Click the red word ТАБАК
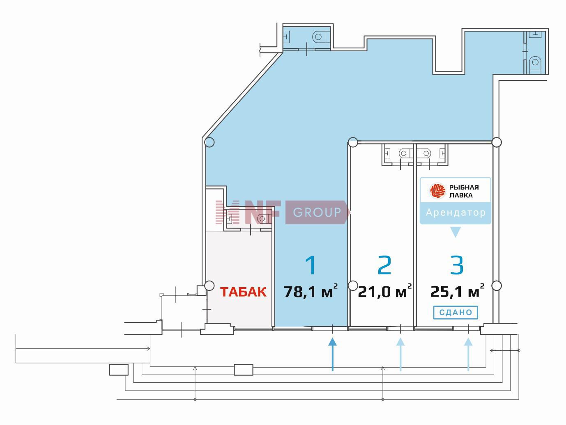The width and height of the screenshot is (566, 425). click(x=243, y=292)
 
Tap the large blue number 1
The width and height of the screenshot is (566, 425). click(x=311, y=265)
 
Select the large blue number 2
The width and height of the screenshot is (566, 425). click(x=384, y=265)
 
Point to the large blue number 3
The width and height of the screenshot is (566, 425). click(x=457, y=265)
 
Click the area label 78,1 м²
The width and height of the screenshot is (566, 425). click(x=311, y=291)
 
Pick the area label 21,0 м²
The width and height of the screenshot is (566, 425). click(x=385, y=291)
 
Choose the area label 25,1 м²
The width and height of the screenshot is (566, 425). click(x=457, y=291)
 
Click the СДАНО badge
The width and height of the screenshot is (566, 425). click(x=456, y=313)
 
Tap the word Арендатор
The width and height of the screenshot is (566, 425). click(x=456, y=212)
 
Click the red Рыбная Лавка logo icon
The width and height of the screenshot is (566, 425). click(x=437, y=191)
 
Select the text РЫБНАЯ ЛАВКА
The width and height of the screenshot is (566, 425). click(x=464, y=191)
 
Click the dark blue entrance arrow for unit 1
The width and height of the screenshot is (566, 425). click(x=332, y=355)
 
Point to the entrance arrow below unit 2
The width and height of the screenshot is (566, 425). click(x=400, y=355)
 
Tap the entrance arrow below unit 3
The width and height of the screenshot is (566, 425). click(x=468, y=355)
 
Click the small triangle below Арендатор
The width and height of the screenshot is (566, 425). click(x=456, y=232)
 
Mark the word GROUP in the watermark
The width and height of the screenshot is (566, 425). click(x=317, y=212)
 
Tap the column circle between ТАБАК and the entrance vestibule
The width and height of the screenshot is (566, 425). click(x=209, y=286)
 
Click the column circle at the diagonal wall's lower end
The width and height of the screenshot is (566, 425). click(x=209, y=142)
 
